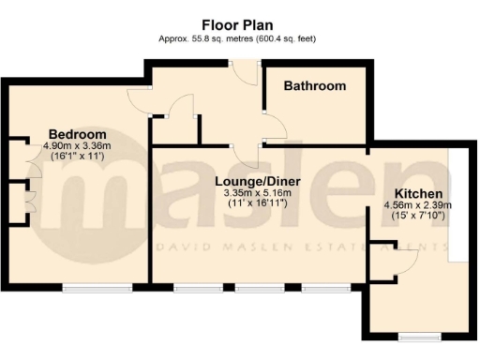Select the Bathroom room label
click(315, 86)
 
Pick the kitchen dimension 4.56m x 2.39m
click(417, 205)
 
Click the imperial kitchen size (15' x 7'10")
click(417, 217)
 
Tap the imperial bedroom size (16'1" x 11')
click(77, 157)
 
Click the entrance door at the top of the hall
click(244, 64)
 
